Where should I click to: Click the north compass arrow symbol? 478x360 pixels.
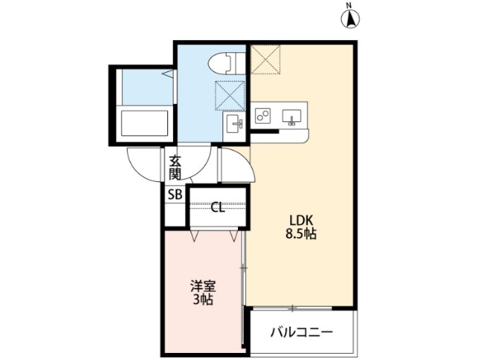point(349,17)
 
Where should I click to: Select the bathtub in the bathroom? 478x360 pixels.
point(145,124)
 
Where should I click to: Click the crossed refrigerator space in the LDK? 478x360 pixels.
point(265,59)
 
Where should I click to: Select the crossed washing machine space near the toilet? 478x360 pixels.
point(231,95)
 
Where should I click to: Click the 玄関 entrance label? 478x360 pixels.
point(174,167)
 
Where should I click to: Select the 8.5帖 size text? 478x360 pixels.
point(300,234)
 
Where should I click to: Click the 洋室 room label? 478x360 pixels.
point(203,287)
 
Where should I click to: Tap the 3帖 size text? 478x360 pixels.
point(203,300)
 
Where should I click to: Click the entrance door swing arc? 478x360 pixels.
point(138,166)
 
